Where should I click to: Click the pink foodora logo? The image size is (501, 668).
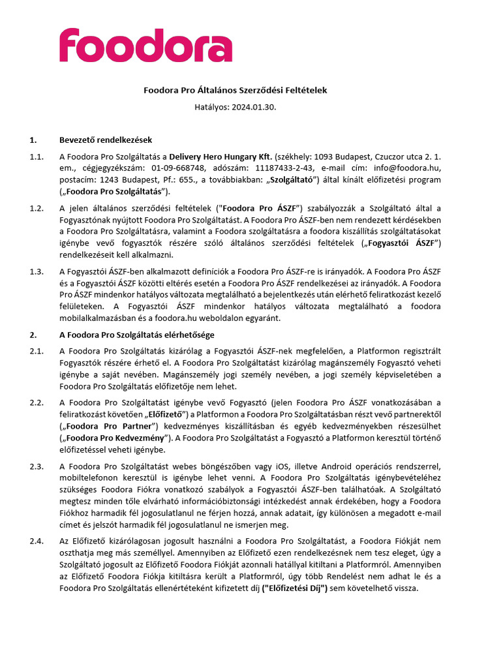click(x=145, y=45)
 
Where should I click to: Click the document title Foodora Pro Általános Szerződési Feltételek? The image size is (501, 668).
click(x=235, y=90)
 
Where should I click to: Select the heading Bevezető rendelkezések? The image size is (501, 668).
click(x=106, y=140)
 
